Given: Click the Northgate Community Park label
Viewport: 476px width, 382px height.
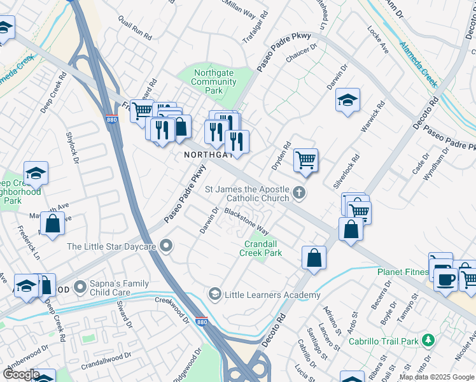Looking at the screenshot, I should pyautogui.click(x=214, y=81).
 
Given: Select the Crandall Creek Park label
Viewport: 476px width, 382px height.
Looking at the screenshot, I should pyautogui.click(x=260, y=248).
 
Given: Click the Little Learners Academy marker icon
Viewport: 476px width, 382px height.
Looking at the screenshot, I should pyautogui.click(x=215, y=294).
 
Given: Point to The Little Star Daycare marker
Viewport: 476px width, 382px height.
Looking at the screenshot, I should pyautogui.click(x=167, y=246).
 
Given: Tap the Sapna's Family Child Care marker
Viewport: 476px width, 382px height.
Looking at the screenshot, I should pyautogui.click(x=80, y=287).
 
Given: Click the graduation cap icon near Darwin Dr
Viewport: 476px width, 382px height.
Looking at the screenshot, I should pyautogui.click(x=347, y=100).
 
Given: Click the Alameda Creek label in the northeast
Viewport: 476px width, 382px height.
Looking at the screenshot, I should pyautogui.click(x=418, y=64).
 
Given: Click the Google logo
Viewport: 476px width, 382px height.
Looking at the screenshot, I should pyautogui.click(x=21, y=375).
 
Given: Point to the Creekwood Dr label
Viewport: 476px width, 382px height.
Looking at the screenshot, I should pyautogui.click(x=172, y=299).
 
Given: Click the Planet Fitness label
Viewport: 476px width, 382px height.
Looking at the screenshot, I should pyautogui.click(x=402, y=272).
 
